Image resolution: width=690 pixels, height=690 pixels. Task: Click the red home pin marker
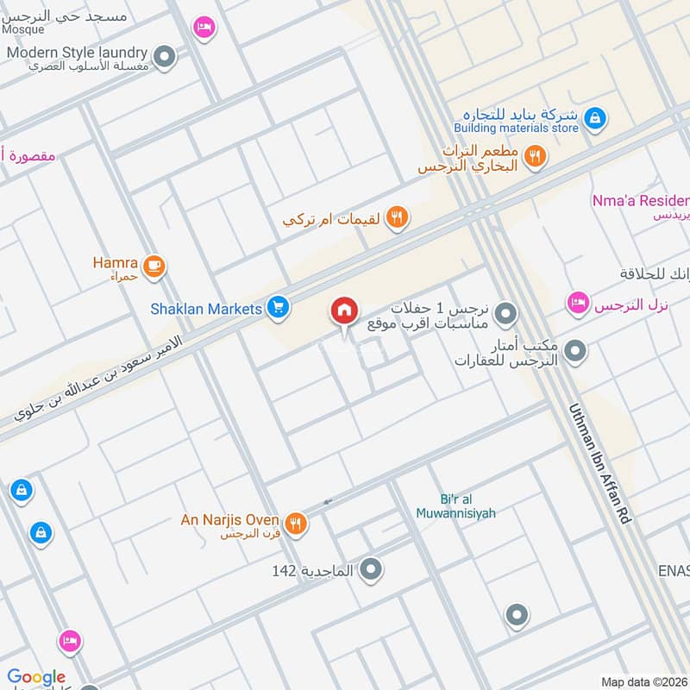(x=344, y=311)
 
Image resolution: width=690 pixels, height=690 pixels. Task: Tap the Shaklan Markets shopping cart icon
(x=277, y=306)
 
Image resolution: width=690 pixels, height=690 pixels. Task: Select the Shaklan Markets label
(x=205, y=308)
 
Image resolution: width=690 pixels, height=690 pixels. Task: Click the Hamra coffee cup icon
(x=154, y=266)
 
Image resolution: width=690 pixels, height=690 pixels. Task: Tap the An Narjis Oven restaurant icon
(x=296, y=523)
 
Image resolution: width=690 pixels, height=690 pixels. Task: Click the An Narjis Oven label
(x=229, y=520)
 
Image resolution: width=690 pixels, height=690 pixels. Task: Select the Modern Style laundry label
(x=77, y=53)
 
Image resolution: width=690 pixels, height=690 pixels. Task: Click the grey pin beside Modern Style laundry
(x=165, y=58)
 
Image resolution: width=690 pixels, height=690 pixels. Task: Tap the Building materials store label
(x=516, y=129)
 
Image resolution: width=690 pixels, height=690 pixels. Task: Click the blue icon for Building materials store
(x=594, y=118)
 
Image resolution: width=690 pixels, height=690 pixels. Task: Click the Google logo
(x=36, y=677)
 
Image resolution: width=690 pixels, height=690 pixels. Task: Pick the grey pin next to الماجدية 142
(x=372, y=569)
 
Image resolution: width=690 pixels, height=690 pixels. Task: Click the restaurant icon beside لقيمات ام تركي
(x=397, y=217)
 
